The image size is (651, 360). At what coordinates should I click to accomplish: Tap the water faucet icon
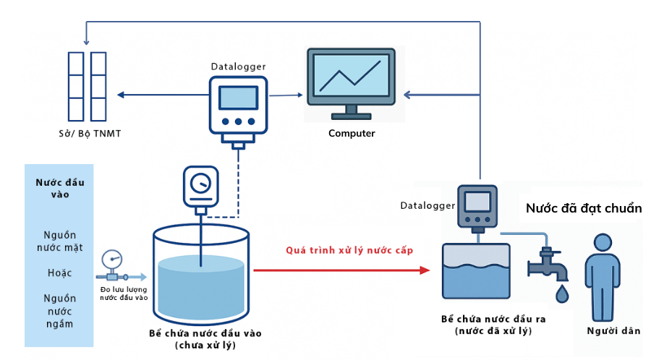tap(548, 264)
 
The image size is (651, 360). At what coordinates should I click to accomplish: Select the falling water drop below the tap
tap(561, 293)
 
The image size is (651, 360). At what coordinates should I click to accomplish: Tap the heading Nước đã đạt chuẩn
tap(584, 208)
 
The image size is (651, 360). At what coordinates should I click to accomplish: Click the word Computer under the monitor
tap(352, 133)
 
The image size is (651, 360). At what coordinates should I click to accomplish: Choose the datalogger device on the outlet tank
tap(477, 207)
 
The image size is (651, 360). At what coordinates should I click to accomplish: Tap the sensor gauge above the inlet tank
tap(200, 186)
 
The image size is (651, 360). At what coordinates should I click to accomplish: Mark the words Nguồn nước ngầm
tap(59, 310)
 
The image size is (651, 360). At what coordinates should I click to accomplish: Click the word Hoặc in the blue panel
tap(59, 274)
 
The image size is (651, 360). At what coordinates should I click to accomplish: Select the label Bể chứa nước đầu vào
tap(205, 333)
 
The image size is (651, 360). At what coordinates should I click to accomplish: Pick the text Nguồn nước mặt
tap(59, 241)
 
